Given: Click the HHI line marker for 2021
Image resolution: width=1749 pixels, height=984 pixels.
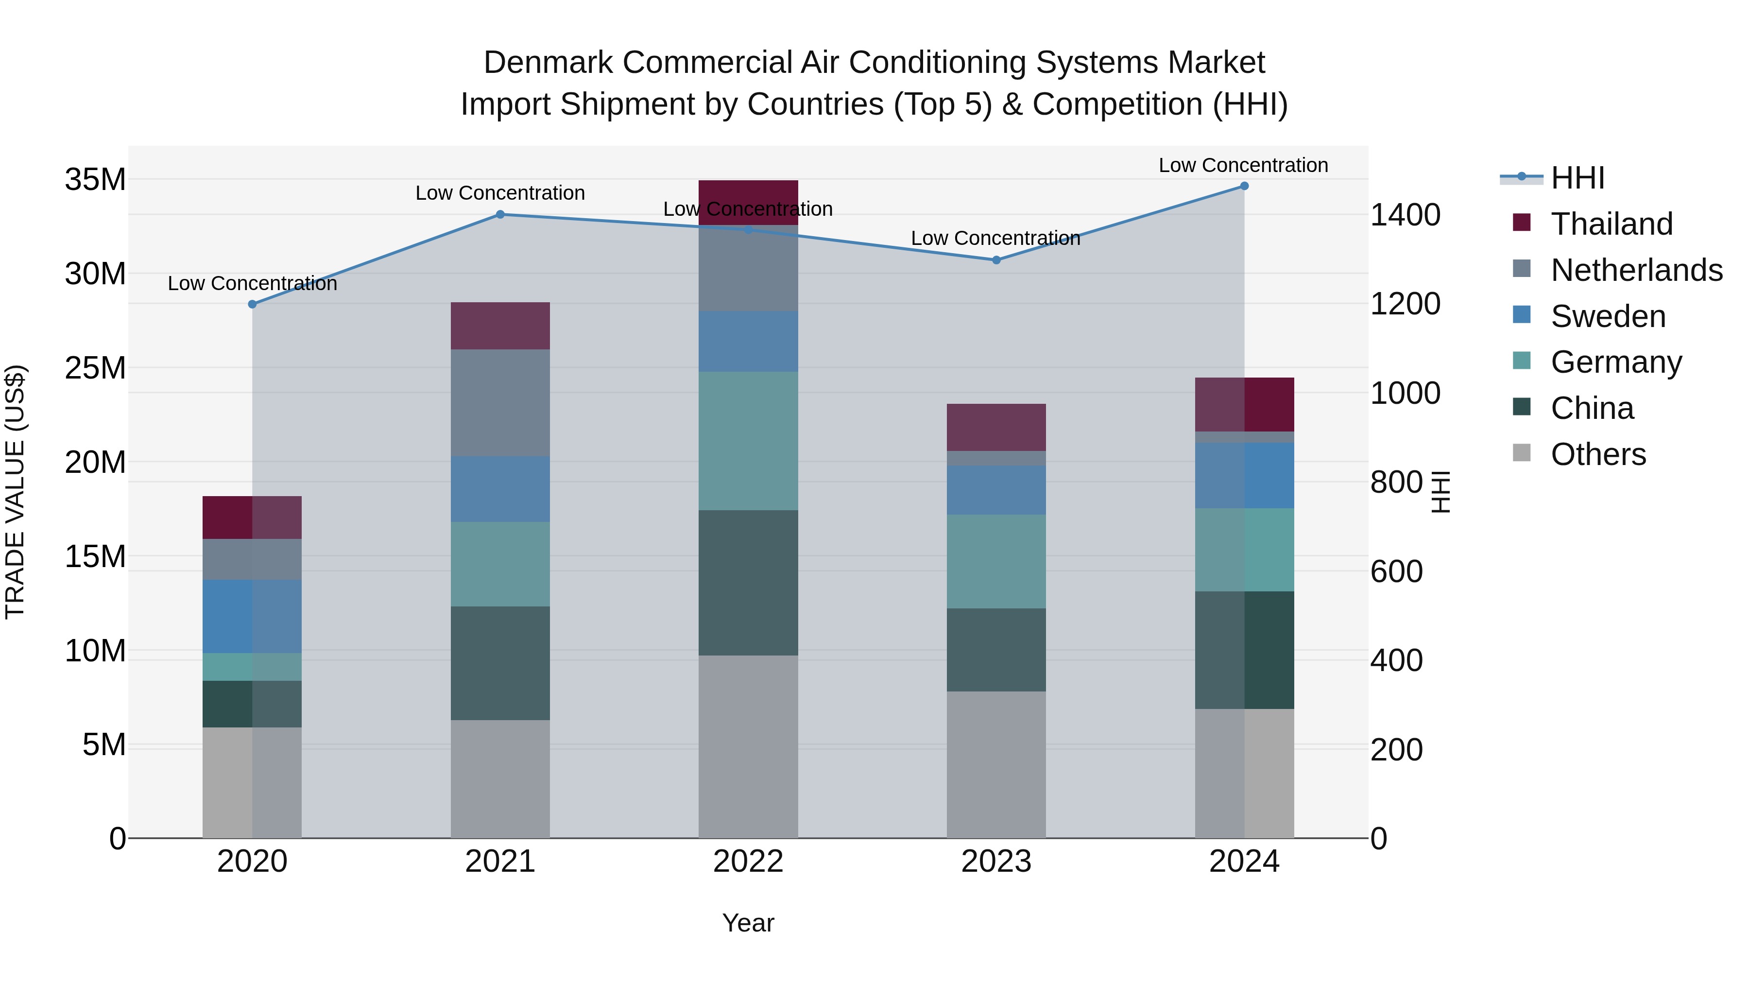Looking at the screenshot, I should coord(500,215).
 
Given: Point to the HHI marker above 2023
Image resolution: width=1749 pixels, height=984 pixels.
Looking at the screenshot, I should coord(996,260).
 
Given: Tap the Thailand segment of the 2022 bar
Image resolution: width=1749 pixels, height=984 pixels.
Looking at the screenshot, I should coord(748,202).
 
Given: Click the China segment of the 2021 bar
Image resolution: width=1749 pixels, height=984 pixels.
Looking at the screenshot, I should coord(500,663).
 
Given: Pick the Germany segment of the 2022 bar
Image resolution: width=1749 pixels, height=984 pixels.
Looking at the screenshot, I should coord(748,441).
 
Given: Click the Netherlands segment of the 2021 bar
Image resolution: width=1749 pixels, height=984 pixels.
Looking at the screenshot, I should coord(500,403).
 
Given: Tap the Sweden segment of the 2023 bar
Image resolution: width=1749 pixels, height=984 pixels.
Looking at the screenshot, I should coord(996,490).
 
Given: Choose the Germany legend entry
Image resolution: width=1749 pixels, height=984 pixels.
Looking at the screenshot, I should coord(1616,362).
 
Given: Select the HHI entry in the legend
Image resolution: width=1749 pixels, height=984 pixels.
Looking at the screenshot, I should coord(1577,178).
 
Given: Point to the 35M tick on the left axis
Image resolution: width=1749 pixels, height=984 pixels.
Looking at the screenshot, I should coord(95,180).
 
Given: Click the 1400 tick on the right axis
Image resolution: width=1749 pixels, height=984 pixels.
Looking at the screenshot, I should coord(1405,215).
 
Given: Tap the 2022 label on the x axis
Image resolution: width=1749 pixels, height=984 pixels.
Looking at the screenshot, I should coord(748,862).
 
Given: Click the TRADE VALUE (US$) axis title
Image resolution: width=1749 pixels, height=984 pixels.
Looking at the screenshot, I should coord(15,492).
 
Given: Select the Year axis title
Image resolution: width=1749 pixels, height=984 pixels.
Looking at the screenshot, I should coord(748,923).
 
